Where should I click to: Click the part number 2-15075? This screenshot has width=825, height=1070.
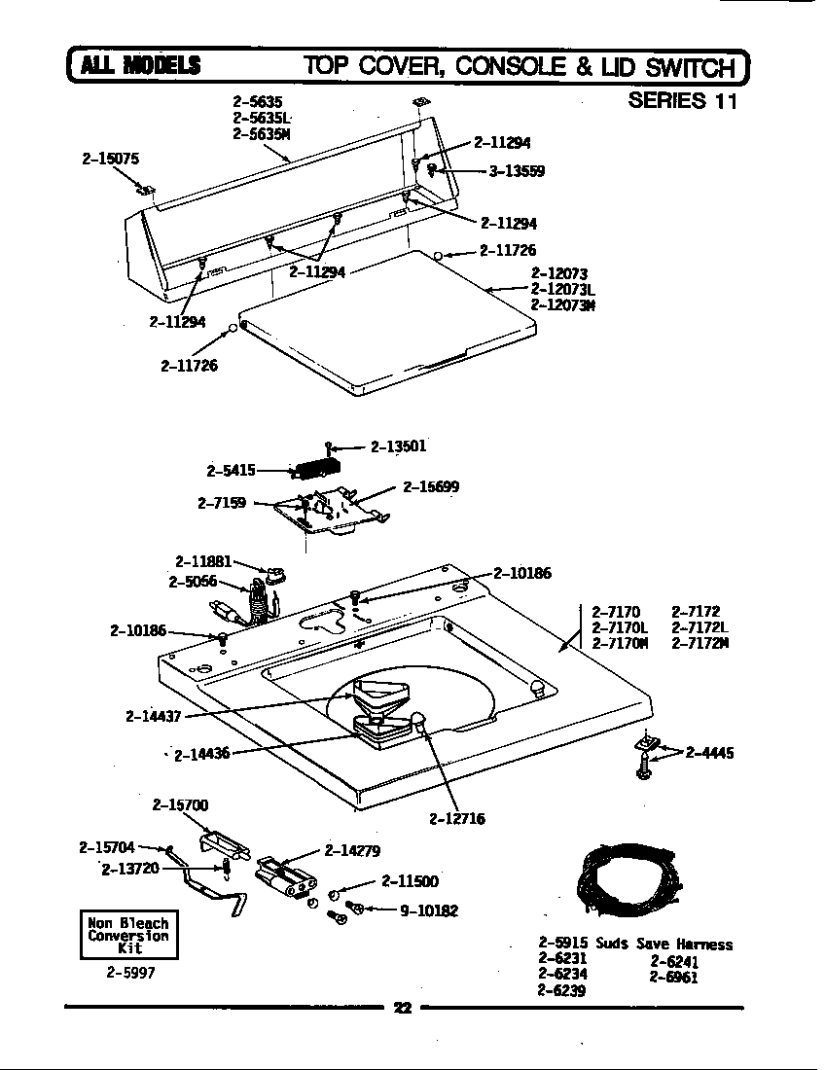click(110, 157)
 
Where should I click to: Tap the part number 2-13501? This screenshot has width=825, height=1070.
click(398, 446)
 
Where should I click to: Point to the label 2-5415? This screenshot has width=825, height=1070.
click(231, 471)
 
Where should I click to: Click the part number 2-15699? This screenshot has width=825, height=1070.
click(431, 486)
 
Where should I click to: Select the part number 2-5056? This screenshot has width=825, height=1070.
click(191, 583)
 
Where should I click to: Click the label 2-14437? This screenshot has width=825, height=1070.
click(154, 717)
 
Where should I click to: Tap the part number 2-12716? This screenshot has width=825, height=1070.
click(456, 818)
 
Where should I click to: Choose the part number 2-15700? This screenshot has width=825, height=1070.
click(180, 805)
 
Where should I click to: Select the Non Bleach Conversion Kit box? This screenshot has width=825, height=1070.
click(128, 935)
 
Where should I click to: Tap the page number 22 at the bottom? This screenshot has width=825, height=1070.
click(402, 1008)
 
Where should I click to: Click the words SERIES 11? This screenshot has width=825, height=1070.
click(683, 100)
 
